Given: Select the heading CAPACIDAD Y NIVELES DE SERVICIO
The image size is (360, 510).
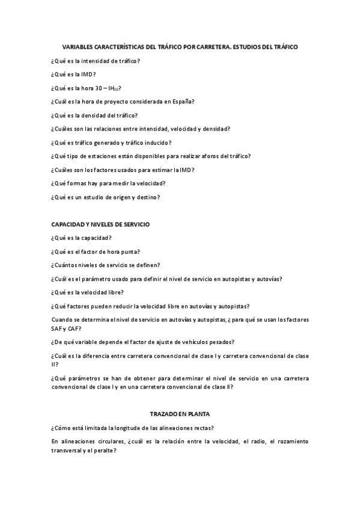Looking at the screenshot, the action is (x=100, y=224).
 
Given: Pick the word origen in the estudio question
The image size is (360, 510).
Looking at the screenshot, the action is (x=129, y=197).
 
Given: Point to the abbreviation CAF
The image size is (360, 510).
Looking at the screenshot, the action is (x=75, y=328).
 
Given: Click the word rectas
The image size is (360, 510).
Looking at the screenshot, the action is (x=204, y=428).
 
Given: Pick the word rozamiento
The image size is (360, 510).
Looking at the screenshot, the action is (x=287, y=441).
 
